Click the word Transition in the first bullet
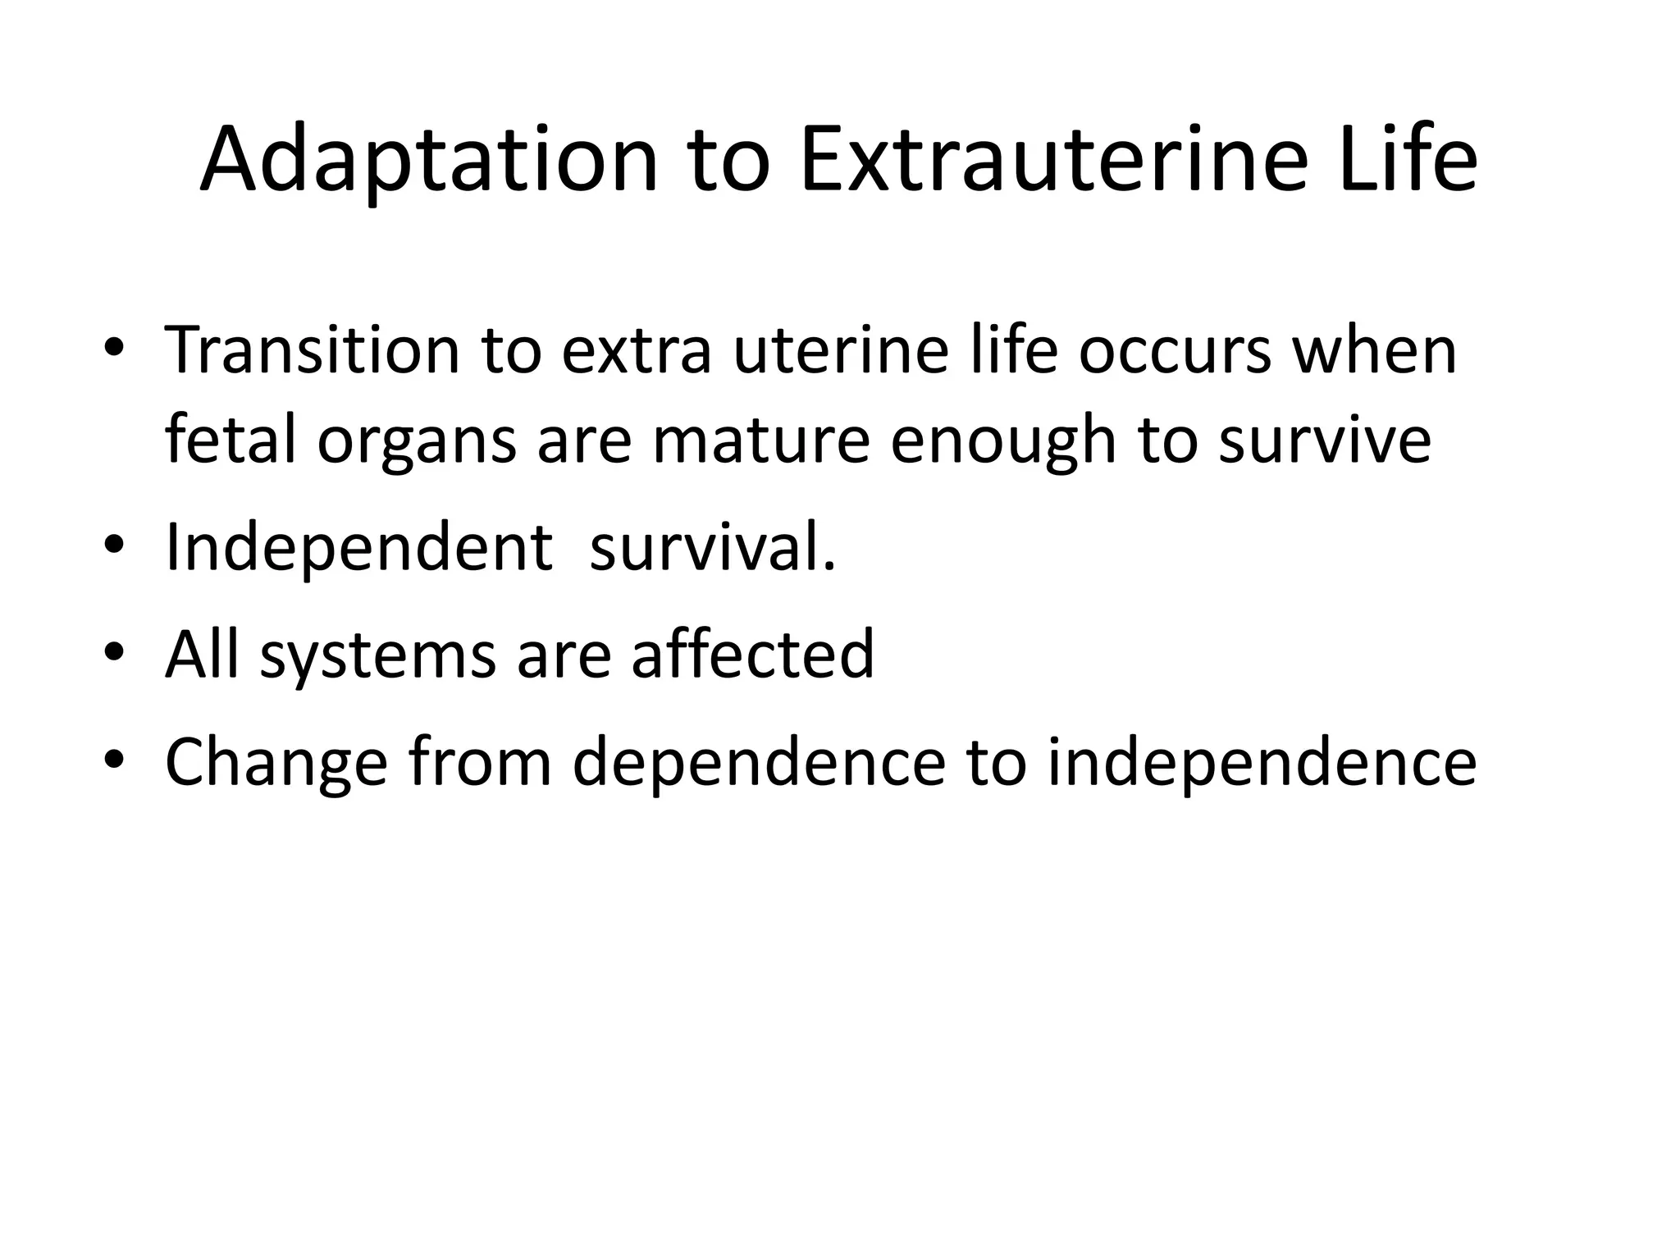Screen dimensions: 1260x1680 312,350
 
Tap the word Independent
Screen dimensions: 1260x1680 358,548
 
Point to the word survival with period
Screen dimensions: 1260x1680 712,548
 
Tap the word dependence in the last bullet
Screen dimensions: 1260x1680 759,763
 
